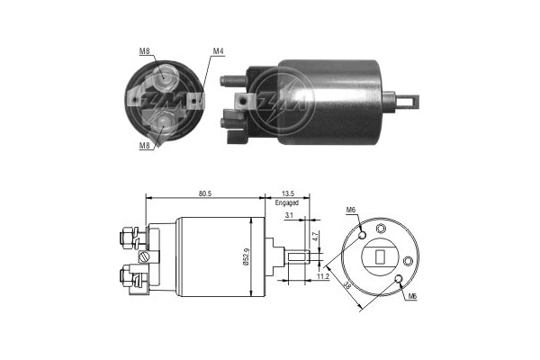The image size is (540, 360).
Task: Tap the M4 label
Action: coord(217,50)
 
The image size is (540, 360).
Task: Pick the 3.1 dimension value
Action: coord(288,216)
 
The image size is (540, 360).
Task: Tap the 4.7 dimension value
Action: coord(315,238)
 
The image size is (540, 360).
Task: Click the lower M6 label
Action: coord(411,296)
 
